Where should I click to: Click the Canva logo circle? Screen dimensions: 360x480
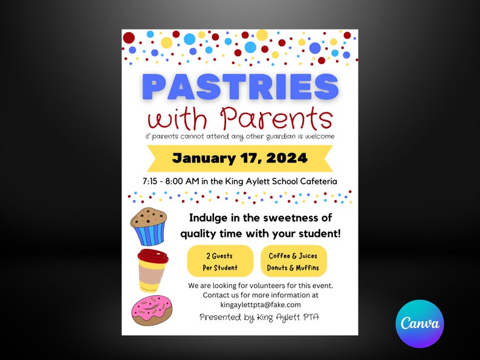[x=420, y=324]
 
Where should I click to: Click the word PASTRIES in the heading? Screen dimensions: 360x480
[x=240, y=87]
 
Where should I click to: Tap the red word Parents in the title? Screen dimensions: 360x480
[x=276, y=118]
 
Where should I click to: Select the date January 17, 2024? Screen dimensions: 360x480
[x=240, y=159]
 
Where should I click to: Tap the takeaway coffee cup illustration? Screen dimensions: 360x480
[x=152, y=270]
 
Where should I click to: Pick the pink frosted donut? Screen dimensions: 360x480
[x=151, y=311]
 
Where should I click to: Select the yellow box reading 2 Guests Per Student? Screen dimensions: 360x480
[x=220, y=262]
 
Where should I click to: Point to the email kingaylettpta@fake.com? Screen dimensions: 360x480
[x=260, y=304]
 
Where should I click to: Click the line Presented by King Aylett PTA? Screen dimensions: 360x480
[x=260, y=317]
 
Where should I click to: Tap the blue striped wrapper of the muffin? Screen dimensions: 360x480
[x=149, y=233]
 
